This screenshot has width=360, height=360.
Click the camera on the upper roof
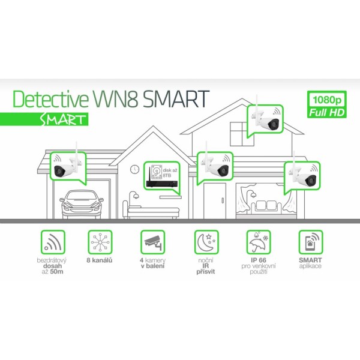264,121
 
